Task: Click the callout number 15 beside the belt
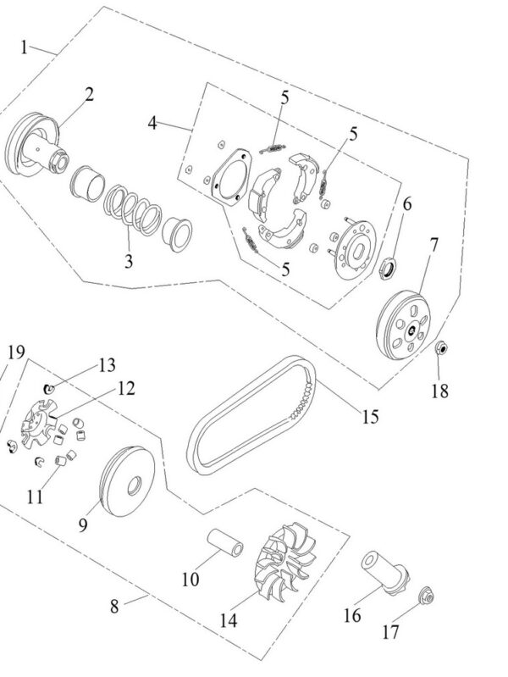[370, 416]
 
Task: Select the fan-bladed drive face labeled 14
[284, 560]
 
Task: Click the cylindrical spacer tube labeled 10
[225, 543]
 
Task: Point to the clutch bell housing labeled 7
[404, 325]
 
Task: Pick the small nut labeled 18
[440, 347]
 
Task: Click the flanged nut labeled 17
[427, 597]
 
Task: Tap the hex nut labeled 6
[387, 268]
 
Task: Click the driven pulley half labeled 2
[35, 145]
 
